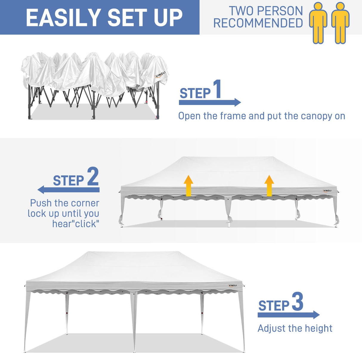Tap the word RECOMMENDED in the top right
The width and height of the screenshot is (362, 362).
point(258,23)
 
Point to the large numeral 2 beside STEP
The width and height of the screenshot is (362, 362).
point(93,176)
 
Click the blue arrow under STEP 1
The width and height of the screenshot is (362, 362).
point(210,102)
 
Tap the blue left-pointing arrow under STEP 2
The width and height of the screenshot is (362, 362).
point(69,190)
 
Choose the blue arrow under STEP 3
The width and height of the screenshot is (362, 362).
point(288,315)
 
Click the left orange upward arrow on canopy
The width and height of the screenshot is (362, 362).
point(188,185)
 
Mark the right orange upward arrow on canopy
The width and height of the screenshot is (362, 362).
point(269,185)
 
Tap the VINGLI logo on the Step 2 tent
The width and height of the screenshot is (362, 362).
point(327,191)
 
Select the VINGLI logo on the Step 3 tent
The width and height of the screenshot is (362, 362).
point(233,285)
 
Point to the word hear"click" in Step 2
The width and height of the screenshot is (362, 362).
point(76,224)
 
